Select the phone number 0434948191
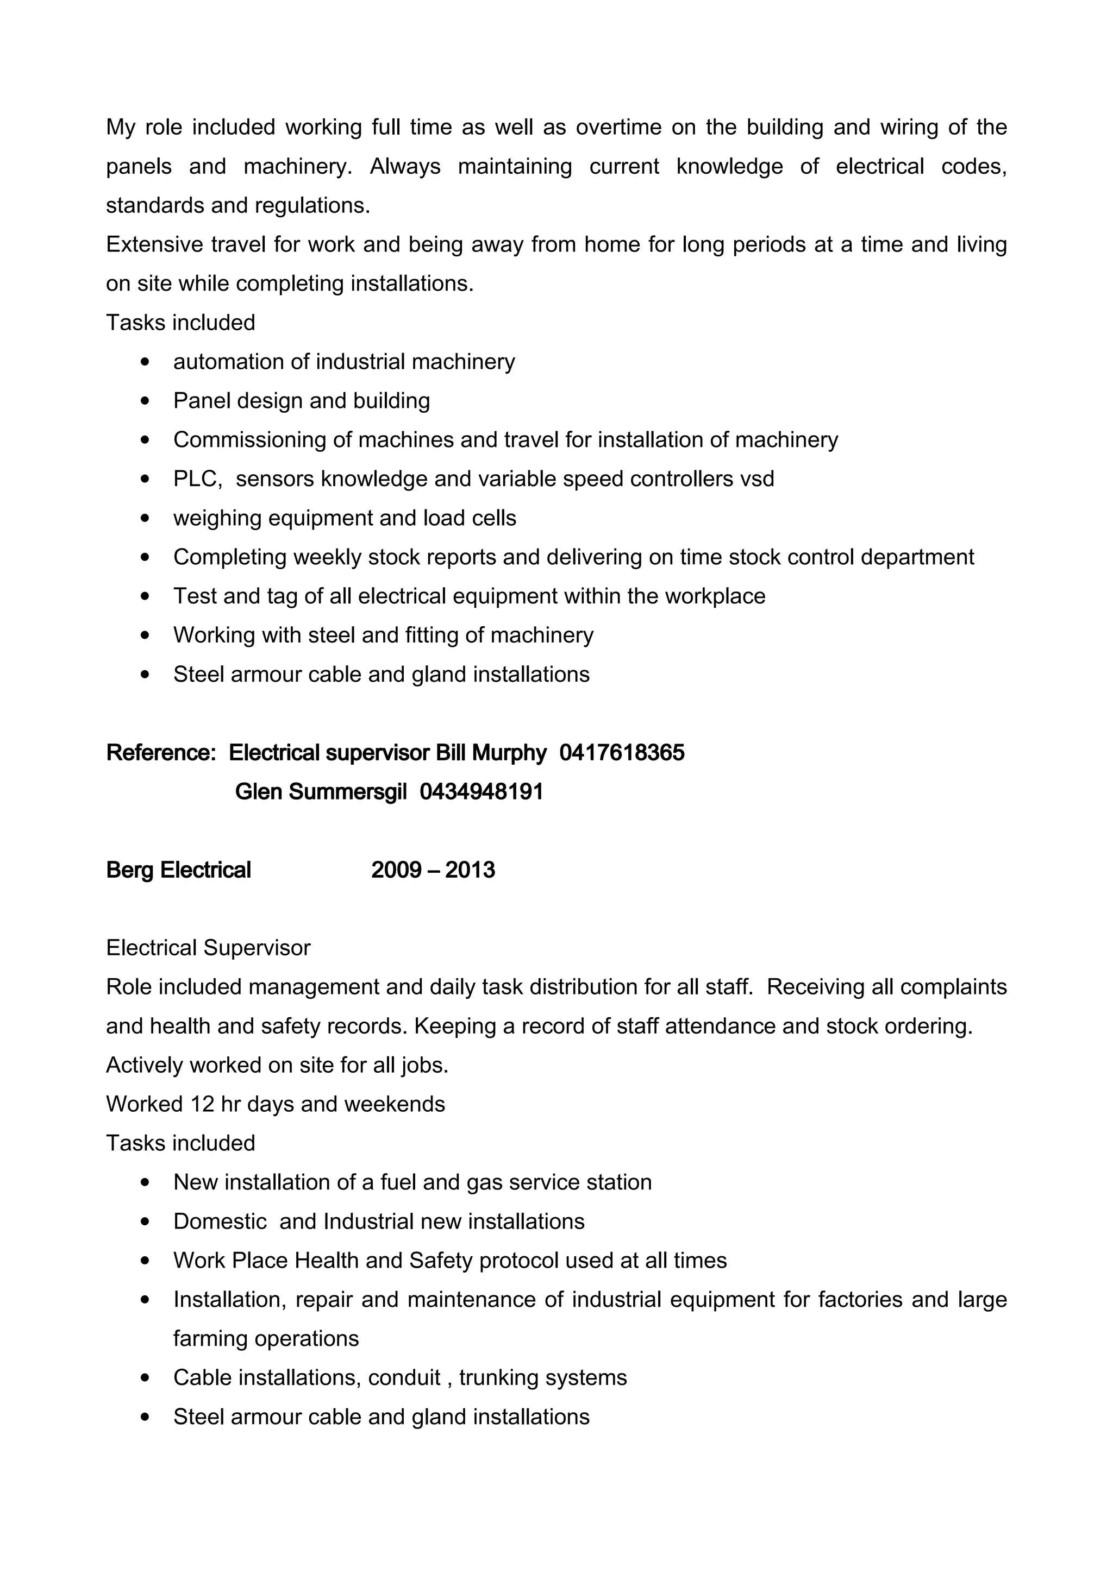click(x=482, y=792)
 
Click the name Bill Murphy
click(x=491, y=753)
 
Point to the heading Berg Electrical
click(x=178, y=870)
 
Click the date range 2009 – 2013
click(x=433, y=870)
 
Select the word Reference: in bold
click(x=161, y=753)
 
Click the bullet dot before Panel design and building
click(x=144, y=401)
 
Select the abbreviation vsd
click(x=757, y=479)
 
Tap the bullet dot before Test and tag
click(x=144, y=596)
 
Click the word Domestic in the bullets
click(x=220, y=1222)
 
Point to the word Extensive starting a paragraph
click(x=154, y=245)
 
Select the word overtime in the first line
click(x=618, y=128)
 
